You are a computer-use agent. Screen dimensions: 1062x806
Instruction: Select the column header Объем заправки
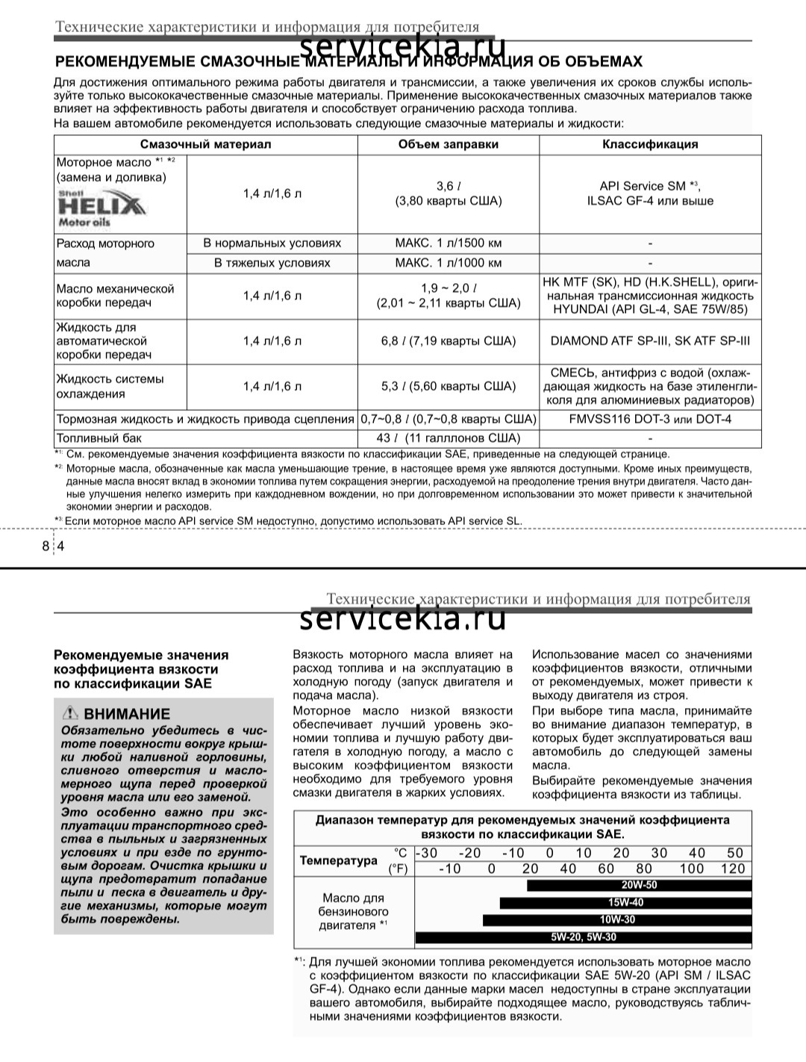pyautogui.click(x=448, y=144)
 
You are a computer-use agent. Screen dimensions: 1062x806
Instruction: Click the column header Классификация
pyautogui.click(x=650, y=144)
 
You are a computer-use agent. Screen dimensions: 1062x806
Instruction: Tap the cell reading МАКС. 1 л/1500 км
pyautogui.click(x=448, y=243)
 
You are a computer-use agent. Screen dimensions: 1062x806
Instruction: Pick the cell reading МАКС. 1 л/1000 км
pyautogui.click(x=448, y=263)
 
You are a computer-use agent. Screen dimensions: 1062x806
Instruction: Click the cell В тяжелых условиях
pyautogui.click(x=272, y=263)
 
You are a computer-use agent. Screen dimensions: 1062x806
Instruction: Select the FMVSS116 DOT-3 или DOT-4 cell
pyautogui.click(x=650, y=419)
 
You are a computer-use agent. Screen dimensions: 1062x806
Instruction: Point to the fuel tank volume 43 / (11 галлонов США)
pyautogui.click(x=448, y=438)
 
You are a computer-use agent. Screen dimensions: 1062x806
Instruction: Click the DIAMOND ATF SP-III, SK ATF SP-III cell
pyautogui.click(x=650, y=341)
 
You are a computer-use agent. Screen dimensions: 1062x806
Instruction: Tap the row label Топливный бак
pyautogui.click(x=99, y=438)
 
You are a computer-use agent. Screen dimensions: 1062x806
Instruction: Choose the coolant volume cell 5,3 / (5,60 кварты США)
pyautogui.click(x=448, y=386)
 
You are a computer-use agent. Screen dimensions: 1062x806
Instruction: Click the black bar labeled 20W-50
pyautogui.click(x=639, y=886)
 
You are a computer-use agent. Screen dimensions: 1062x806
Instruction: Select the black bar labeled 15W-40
pyautogui.click(x=625, y=903)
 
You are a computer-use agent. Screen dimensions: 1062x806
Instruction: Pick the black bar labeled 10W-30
pyautogui.click(x=617, y=920)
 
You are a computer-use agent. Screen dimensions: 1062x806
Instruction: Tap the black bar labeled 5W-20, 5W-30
pyautogui.click(x=583, y=937)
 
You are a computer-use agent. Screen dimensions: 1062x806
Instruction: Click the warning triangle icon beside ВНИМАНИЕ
pyautogui.click(x=71, y=713)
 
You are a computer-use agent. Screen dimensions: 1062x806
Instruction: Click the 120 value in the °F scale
pyautogui.click(x=733, y=869)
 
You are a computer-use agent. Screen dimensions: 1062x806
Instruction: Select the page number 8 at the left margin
pyautogui.click(x=46, y=546)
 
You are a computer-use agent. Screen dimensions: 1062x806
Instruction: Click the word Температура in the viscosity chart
pyautogui.click(x=339, y=860)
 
